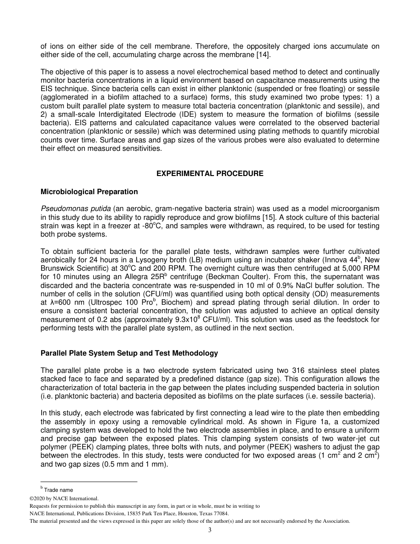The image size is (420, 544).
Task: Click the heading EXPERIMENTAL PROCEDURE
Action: tap(210, 173)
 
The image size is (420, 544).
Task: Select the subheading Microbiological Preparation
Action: tap(89, 192)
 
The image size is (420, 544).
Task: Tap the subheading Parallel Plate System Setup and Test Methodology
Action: tap(129, 353)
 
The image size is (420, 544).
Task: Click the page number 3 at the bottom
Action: tap(210, 530)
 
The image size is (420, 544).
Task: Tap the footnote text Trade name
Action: tap(58, 490)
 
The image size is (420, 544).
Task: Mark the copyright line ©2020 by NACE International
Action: tap(64, 498)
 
